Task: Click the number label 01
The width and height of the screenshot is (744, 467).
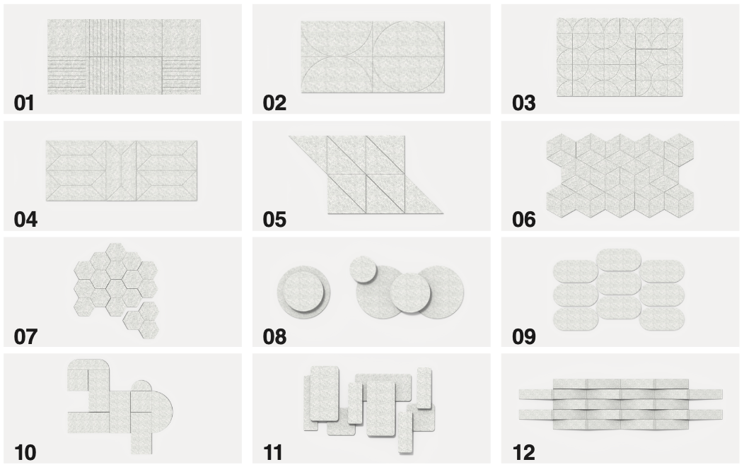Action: (24, 103)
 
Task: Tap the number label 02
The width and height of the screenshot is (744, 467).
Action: (274, 103)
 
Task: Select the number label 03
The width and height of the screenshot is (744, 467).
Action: (523, 103)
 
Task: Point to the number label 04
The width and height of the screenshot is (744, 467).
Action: (25, 220)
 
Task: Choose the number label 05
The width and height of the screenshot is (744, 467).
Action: (274, 220)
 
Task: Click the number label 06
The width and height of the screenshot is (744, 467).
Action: (523, 220)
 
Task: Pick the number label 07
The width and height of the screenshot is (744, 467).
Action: (25, 336)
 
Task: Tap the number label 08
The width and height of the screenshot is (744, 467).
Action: (274, 336)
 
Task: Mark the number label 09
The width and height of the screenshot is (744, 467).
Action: (523, 336)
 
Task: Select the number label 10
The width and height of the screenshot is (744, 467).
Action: (25, 453)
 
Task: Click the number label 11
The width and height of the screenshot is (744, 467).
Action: (273, 453)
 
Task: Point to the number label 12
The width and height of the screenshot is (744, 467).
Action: (523, 453)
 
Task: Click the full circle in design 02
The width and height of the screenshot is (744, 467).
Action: (409, 56)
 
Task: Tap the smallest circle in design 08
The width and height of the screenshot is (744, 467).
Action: (364, 269)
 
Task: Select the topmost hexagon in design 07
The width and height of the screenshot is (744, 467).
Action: (115, 252)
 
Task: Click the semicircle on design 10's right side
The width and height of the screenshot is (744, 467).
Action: (162, 408)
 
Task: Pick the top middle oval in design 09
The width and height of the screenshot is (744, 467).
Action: (619, 260)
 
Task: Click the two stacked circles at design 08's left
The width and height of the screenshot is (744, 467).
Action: (303, 290)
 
